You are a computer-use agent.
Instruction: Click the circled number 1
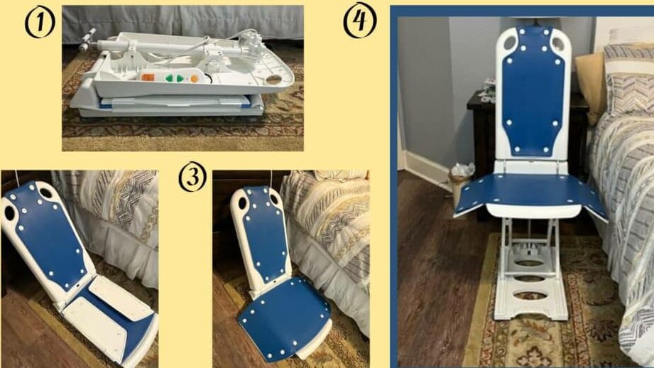coord(40,22)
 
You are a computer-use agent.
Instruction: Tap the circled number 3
coord(192,178)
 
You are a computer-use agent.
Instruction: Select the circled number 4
coord(360,20)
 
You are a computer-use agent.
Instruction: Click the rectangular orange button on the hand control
coord(148,77)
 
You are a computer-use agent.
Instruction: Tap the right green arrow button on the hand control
coord(180,78)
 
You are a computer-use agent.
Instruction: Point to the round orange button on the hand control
coord(195,78)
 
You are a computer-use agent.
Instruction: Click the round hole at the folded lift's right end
coord(273,78)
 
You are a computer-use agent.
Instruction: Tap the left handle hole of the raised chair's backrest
coord(510,42)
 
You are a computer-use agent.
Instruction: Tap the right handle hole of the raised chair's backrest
coord(558,42)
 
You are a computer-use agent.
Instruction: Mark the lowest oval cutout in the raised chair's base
coord(530,296)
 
